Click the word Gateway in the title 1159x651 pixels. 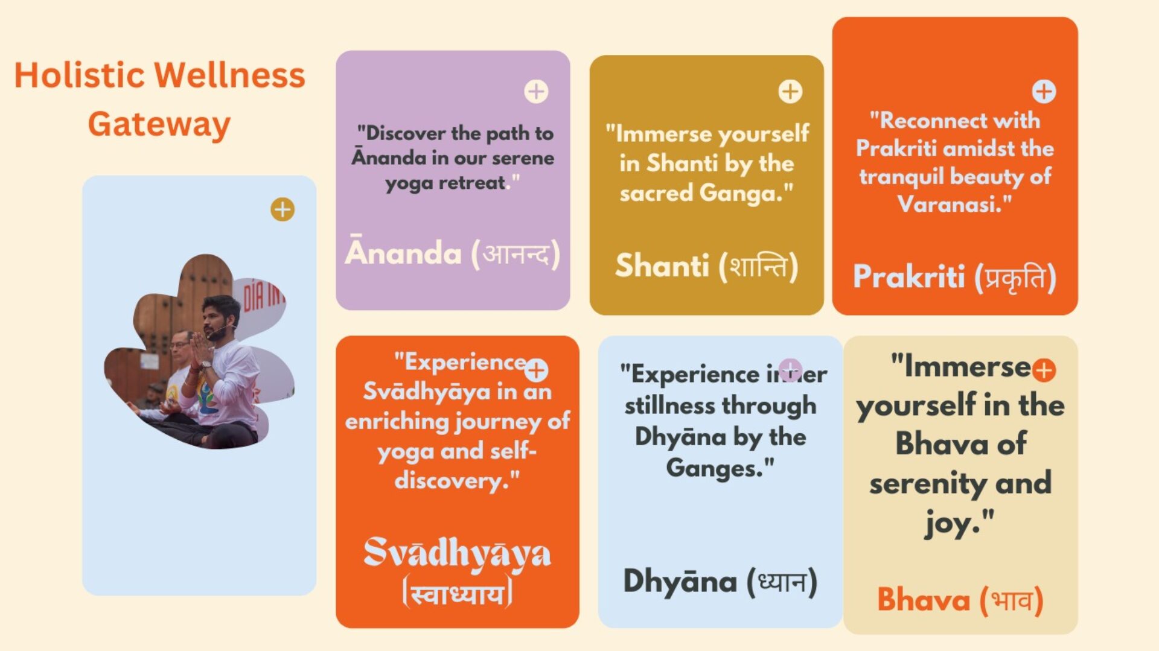click(159, 125)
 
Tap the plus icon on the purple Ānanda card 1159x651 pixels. click(536, 92)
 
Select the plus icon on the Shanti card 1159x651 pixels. click(790, 92)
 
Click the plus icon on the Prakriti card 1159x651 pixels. click(1044, 92)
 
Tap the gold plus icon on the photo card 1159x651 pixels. click(283, 209)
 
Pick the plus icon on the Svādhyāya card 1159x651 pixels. click(536, 369)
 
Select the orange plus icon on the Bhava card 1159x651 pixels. click(1044, 370)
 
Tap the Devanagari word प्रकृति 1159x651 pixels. click(1015, 278)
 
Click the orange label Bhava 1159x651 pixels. click(924, 600)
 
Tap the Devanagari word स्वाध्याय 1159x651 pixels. click(457, 594)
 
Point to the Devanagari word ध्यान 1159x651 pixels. click(782, 582)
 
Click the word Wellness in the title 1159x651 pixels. click(230, 75)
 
